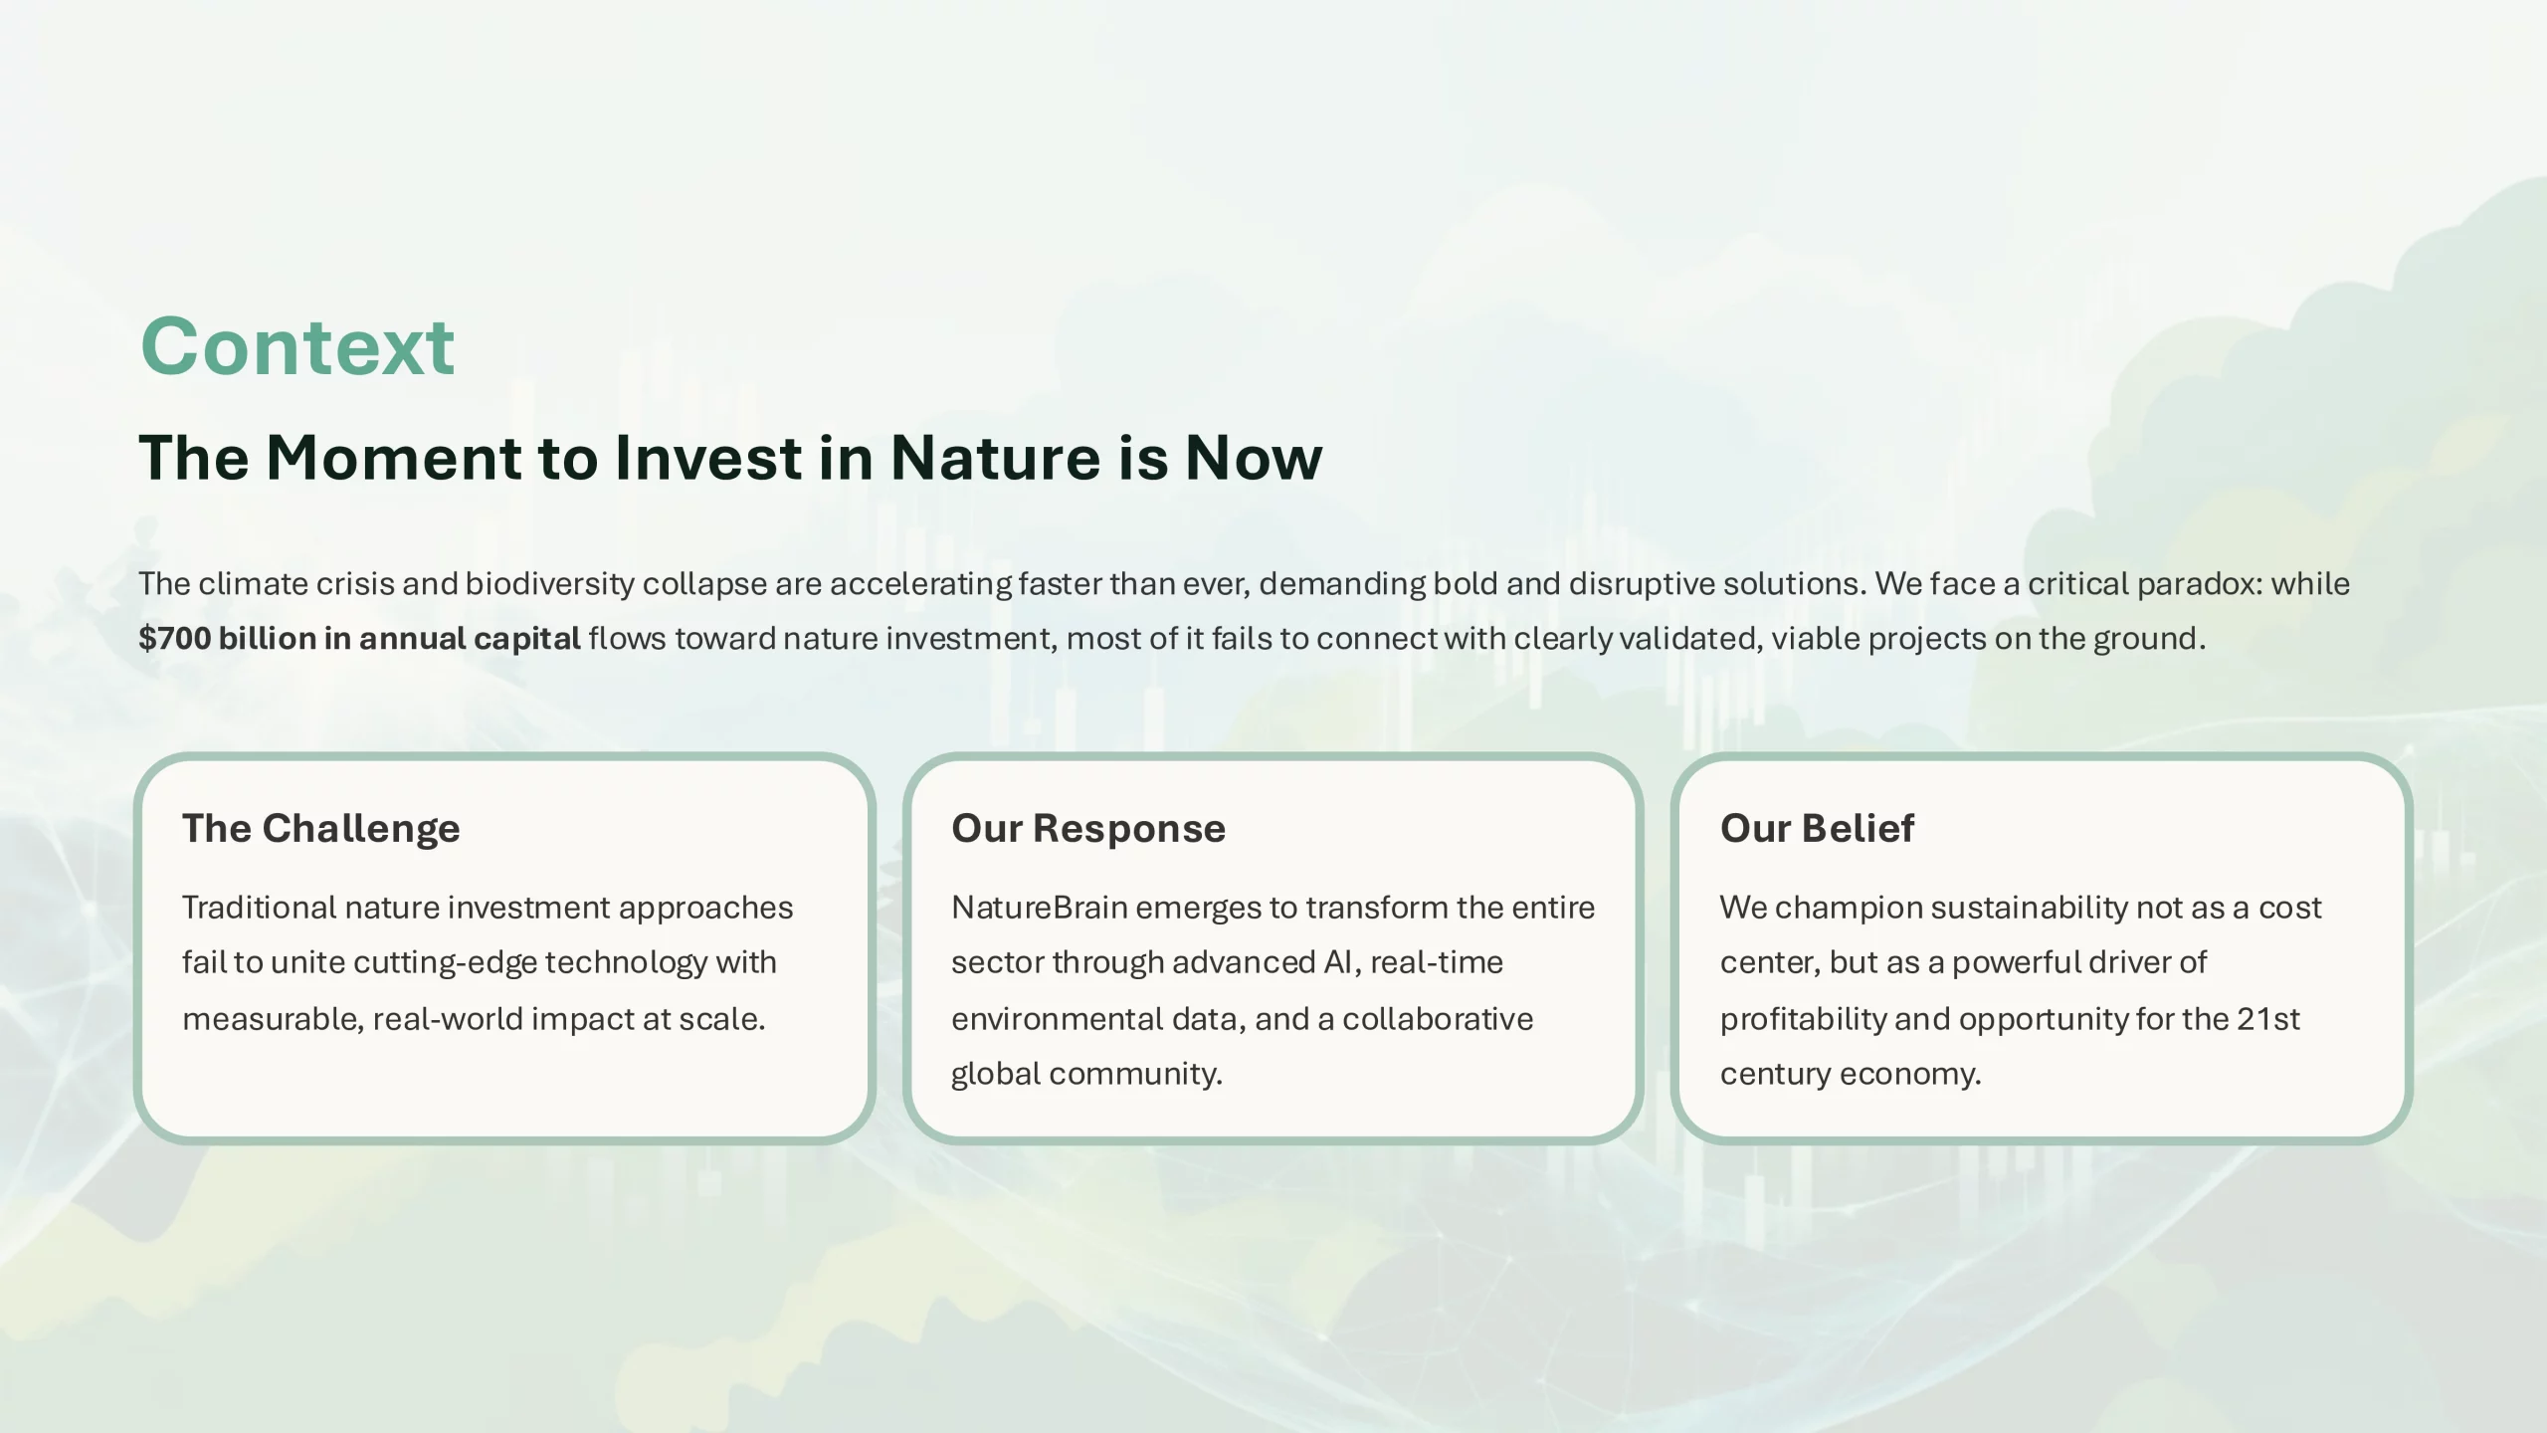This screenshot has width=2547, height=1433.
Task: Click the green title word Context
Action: pyautogui.click(x=297, y=345)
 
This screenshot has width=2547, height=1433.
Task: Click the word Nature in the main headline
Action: pyautogui.click(x=995, y=458)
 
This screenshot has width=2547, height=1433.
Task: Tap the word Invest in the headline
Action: pyautogui.click(x=708, y=458)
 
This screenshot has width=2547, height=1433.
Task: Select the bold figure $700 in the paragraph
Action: pyautogui.click(x=174, y=638)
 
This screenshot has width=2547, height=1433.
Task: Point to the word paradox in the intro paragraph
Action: pyautogui.click(x=2200, y=584)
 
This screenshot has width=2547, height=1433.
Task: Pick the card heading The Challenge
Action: pyautogui.click(x=321, y=828)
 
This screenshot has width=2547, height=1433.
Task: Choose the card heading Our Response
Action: pyautogui.click(x=1088, y=828)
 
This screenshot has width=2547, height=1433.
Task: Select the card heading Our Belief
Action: pyautogui.click(x=1817, y=828)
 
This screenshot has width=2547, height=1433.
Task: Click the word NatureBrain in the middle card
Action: pyautogui.click(x=1039, y=908)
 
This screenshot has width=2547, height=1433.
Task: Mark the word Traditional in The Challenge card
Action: pyautogui.click(x=260, y=908)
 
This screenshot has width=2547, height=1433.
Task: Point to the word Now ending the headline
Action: pyautogui.click(x=1254, y=458)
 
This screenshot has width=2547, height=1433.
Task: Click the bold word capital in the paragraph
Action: pyautogui.click(x=526, y=639)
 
